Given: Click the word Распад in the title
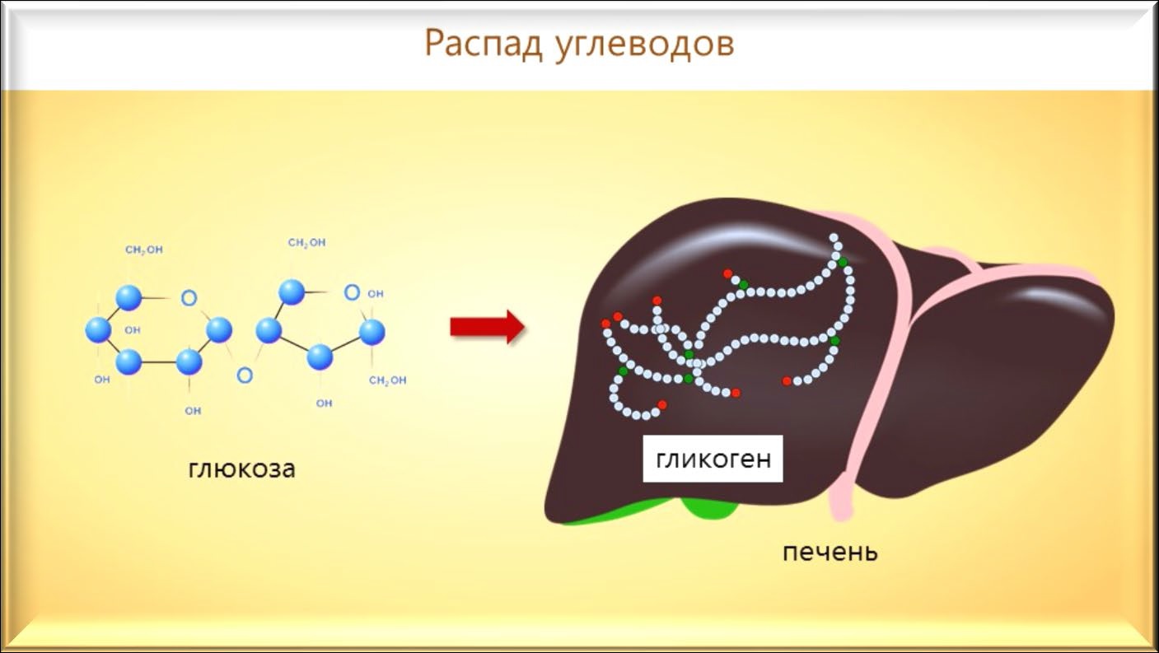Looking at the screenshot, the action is point(484,44).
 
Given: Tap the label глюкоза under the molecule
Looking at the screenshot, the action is point(241,469).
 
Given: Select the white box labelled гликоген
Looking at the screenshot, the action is point(713,459).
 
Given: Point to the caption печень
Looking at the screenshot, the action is point(830,552).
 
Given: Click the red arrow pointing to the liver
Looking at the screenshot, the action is point(488,327).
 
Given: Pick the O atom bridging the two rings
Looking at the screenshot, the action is point(245,375).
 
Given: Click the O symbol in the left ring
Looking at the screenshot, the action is point(189,297).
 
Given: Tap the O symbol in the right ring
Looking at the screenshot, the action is point(352,292).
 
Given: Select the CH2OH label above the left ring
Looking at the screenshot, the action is point(144,250).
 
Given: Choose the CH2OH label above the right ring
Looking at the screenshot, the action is point(306,243).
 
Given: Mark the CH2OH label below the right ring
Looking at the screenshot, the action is point(387,380).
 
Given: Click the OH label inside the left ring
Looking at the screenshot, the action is point(133,329).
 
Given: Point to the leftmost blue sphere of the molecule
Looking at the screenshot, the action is point(98,330).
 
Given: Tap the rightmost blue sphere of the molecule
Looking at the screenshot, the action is point(372,332).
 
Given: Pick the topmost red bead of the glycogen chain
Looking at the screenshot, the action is point(727,273).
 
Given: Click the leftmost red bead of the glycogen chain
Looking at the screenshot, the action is point(605,324).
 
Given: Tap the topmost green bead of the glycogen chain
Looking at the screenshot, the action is point(843,263).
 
